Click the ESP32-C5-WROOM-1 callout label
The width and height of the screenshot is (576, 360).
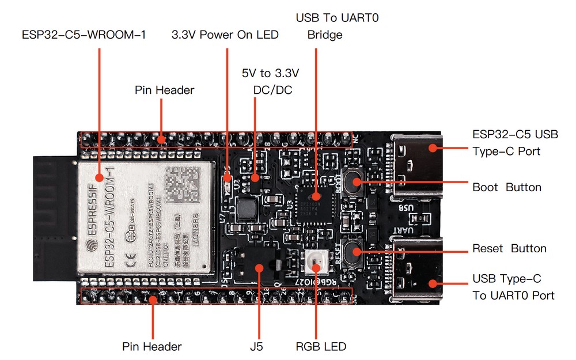[84, 35]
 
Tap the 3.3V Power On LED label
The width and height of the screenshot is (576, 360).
[225, 35]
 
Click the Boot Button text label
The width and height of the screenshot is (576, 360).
[507, 187]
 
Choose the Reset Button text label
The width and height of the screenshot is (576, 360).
[509, 249]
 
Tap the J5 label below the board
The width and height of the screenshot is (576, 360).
[257, 347]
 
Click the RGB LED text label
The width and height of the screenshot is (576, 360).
[321, 347]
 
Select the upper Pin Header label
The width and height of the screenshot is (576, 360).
[164, 90]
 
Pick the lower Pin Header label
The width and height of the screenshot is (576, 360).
[152, 347]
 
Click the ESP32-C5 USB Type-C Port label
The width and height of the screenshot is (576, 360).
[515, 143]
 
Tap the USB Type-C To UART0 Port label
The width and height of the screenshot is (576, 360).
[513, 287]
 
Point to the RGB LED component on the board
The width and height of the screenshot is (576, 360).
[316, 263]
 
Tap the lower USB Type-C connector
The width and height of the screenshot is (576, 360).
[418, 269]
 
